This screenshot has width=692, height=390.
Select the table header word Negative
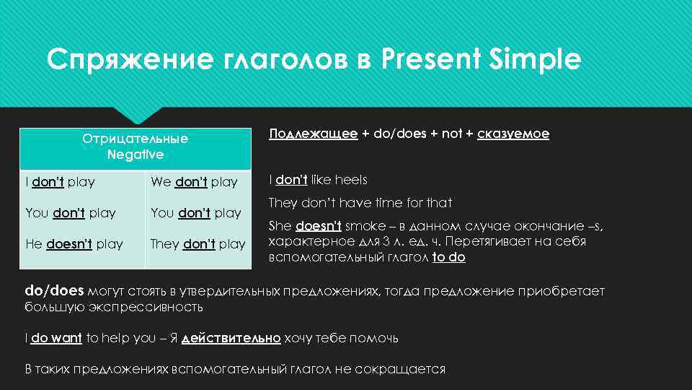point(135,155)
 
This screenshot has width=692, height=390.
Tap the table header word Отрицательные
point(135,139)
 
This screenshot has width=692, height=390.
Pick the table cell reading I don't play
point(60,182)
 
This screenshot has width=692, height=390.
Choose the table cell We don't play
point(194,182)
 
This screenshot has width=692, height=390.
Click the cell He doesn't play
point(74,244)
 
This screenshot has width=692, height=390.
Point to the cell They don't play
point(198,244)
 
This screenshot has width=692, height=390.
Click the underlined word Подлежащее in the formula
point(313,134)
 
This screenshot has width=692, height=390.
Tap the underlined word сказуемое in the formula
point(513,134)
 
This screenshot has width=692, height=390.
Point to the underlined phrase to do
point(448,257)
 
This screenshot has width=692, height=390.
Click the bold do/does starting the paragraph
point(54,291)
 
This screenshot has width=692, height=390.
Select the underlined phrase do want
point(56,338)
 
